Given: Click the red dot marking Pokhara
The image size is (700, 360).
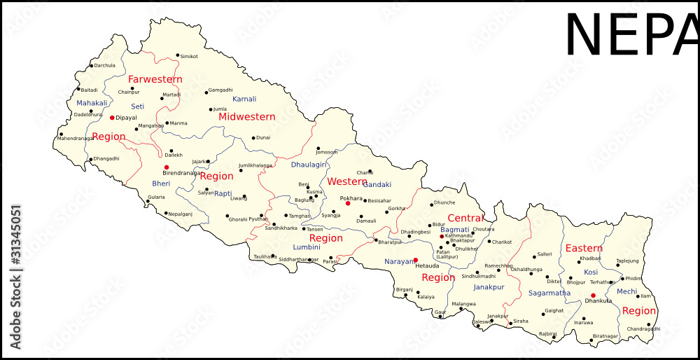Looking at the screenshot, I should tap(348, 203).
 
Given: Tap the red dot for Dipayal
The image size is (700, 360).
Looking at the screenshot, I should tap(112, 118).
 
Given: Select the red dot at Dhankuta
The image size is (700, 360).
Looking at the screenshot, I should tap(593, 296).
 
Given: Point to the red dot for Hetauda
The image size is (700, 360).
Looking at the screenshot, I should tap(415, 260).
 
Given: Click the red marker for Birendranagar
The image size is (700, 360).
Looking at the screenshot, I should tap(167, 167).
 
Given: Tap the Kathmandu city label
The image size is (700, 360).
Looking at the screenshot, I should tap(459, 236).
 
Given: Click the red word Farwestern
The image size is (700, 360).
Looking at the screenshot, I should tap(155, 79).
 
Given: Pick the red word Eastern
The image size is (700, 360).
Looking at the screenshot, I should tap(584, 249).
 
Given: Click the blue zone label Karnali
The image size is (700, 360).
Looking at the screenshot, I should tap(244, 99).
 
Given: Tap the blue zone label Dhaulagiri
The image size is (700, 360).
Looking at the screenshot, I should tap(309, 165).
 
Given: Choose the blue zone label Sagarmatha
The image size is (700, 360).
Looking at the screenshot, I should tap(549, 293).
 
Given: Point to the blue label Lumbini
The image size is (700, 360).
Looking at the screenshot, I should tap(306, 247).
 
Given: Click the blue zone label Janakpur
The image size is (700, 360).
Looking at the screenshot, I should tap(489, 287).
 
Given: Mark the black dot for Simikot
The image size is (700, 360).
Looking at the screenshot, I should tap(178, 55).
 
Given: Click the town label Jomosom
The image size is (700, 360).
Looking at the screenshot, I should tap(327, 152).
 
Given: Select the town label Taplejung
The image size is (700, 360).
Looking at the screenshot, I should tap(627, 261).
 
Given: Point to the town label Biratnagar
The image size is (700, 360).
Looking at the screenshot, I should tap(605, 336).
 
